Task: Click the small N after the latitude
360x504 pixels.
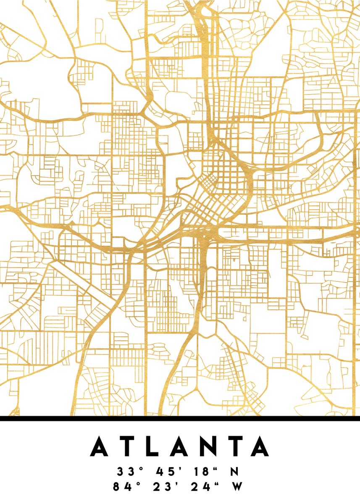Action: coord(234,472)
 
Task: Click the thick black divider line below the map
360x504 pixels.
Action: coord(180,418)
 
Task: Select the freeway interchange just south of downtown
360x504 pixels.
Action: coord(208,239)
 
